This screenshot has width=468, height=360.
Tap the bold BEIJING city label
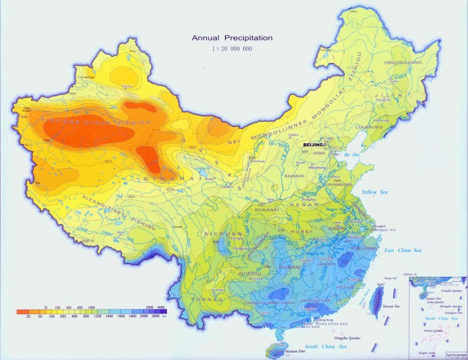(x=313, y=143)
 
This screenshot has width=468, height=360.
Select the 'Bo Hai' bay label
(x=352, y=155)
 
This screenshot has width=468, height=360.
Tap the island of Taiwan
(x=379, y=296)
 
